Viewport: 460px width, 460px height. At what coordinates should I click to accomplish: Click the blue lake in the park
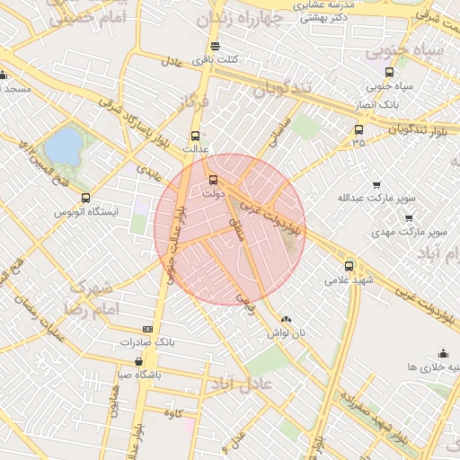click(61, 145)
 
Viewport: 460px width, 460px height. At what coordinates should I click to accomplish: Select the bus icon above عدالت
click(196, 135)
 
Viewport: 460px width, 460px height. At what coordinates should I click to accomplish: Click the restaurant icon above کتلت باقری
click(214, 47)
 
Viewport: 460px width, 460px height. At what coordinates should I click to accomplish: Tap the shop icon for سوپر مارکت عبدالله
click(376, 183)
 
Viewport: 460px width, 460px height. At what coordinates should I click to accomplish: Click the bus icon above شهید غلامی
click(349, 266)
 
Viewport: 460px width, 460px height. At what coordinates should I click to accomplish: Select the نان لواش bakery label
click(286, 332)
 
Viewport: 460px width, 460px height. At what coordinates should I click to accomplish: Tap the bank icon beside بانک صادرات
click(147, 330)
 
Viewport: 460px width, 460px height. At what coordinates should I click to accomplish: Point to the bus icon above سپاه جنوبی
click(389, 73)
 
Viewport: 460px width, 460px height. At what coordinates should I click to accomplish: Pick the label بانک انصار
click(389, 102)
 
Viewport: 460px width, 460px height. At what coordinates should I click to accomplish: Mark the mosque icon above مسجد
click(4, 75)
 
